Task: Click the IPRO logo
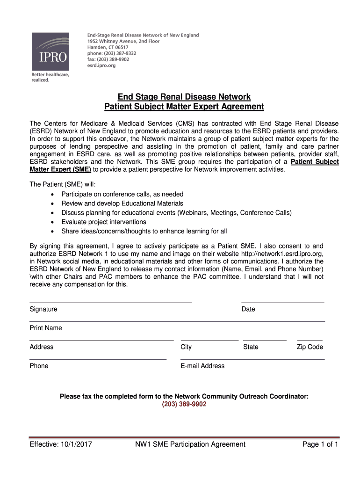pyautogui.click(x=50, y=51)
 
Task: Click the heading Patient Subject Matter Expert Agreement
pyautogui.click(x=184, y=107)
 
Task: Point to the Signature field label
pyautogui.click(x=43, y=309)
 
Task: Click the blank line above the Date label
pyautogui.click(x=282, y=303)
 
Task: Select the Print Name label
pyautogui.click(x=46, y=328)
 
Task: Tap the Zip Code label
pyautogui.click(x=310, y=347)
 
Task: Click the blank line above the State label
pyautogui.click(x=265, y=341)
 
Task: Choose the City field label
pyautogui.click(x=186, y=347)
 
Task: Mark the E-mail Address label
pyautogui.click(x=202, y=366)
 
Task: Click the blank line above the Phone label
pyautogui.click(x=98, y=359)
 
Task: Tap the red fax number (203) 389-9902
pyautogui.click(x=184, y=404)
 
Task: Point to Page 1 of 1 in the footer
pyautogui.click(x=320, y=444)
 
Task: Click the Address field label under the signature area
pyautogui.click(x=42, y=347)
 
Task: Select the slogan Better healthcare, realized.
pyautogui.click(x=50, y=77)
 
